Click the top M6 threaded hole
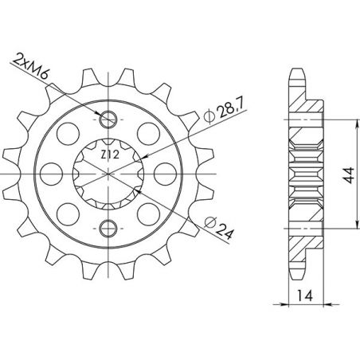[109, 120]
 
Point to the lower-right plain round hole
[148, 213]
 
